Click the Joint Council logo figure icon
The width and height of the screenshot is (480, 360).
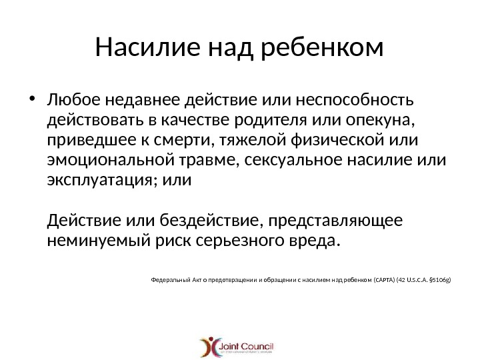tap(211, 347)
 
